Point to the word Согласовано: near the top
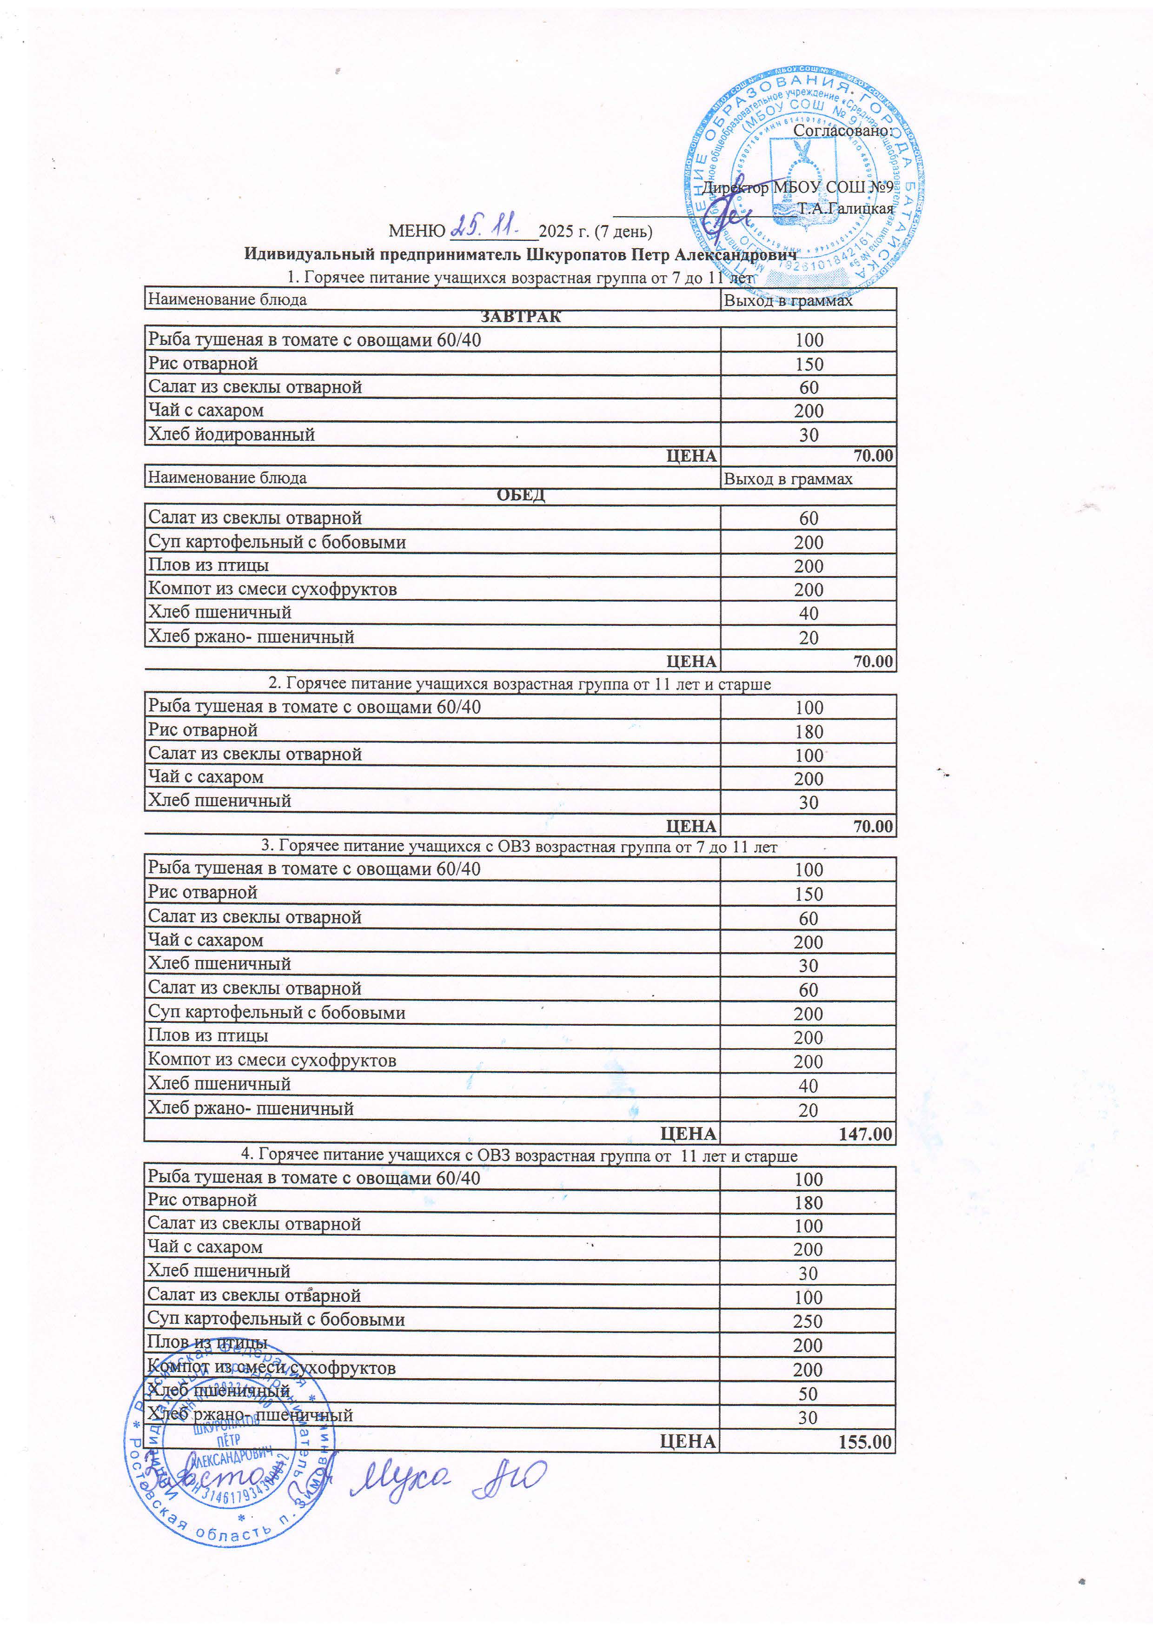click(x=842, y=130)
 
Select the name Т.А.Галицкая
click(x=845, y=209)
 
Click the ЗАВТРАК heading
click(x=521, y=317)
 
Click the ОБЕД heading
click(x=521, y=495)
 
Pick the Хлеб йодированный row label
click(x=231, y=434)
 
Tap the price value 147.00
click(x=865, y=1134)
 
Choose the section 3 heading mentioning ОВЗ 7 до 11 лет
click(x=518, y=846)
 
